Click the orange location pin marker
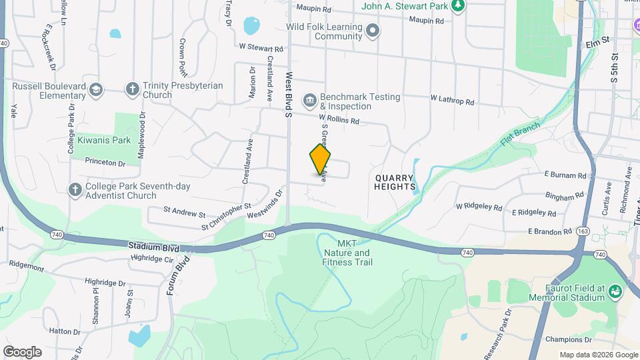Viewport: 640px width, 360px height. pos(320,159)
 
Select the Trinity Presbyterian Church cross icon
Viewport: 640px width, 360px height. pos(132,89)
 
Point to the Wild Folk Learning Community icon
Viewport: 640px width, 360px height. pos(373,31)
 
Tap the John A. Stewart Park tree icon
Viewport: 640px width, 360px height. pos(457,6)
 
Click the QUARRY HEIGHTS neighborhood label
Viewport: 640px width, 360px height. pos(395,183)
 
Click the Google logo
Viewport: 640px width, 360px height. pos(22,352)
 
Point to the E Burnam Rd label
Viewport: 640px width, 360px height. pos(565,175)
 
